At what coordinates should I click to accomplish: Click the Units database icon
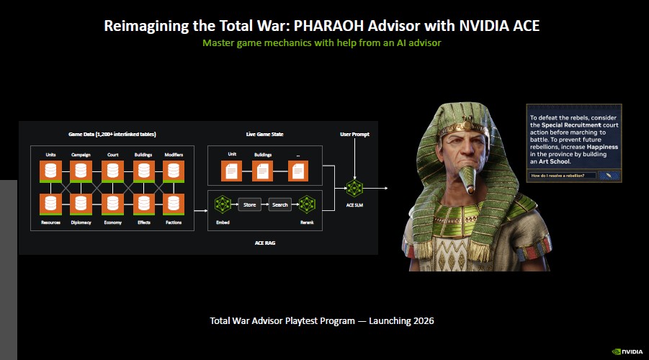(50, 171)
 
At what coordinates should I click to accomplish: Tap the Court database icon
(112, 171)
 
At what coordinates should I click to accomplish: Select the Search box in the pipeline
(280, 204)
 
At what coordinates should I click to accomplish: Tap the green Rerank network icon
(308, 204)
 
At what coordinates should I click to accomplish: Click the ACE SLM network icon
(354, 188)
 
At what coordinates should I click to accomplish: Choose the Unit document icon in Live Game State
(232, 171)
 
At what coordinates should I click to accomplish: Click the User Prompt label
(354, 135)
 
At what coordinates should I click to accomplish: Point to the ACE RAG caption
(264, 243)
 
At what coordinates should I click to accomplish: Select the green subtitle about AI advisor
(321, 42)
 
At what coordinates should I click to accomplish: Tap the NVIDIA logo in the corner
(628, 351)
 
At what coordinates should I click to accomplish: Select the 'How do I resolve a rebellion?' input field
(562, 175)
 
